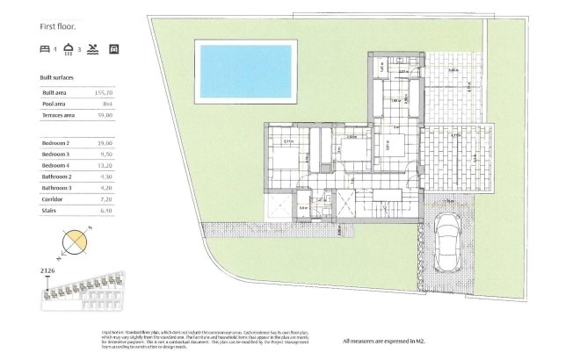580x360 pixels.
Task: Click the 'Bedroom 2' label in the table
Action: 56,142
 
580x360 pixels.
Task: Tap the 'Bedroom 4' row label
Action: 56,164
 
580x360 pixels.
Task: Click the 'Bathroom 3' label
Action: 57,187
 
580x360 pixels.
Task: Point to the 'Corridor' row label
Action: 54,198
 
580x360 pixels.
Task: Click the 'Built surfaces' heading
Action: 57,78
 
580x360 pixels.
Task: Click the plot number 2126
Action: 48,271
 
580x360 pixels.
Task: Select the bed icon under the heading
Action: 45,48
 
